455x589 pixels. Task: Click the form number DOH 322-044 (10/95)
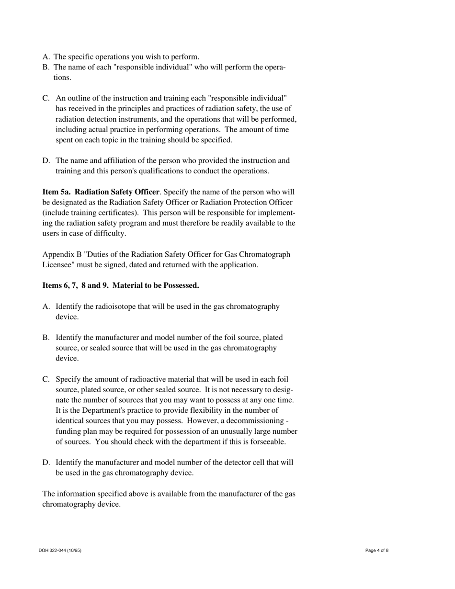pos(60,550)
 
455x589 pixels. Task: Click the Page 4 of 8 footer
pos(377,550)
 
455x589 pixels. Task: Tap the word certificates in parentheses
pos(120,213)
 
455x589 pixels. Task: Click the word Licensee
pos(57,265)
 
